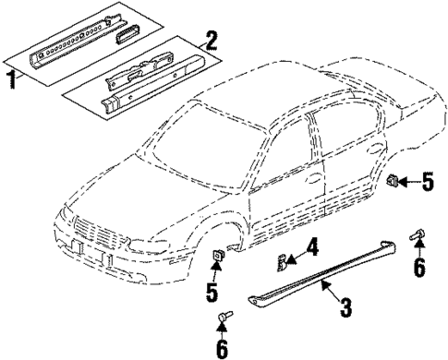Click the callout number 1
[x=11, y=81]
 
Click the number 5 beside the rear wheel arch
[x=426, y=182]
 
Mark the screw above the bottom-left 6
[x=223, y=320]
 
